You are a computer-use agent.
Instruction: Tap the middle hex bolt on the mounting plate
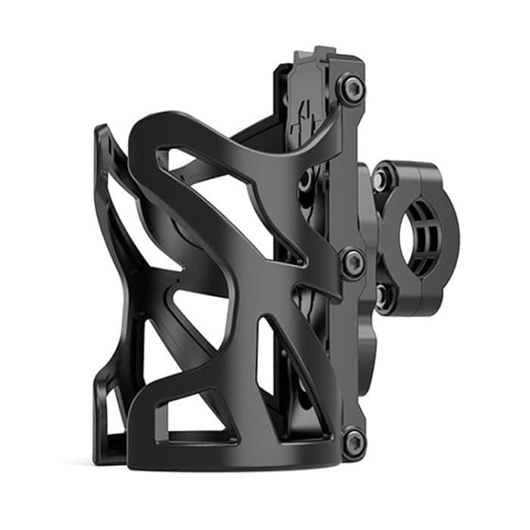point(353,263)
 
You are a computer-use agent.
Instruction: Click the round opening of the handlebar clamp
point(418,226)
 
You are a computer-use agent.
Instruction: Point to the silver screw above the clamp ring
point(382,176)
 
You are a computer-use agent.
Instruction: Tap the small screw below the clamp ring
point(382,296)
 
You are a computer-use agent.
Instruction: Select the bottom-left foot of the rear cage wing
point(106,447)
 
